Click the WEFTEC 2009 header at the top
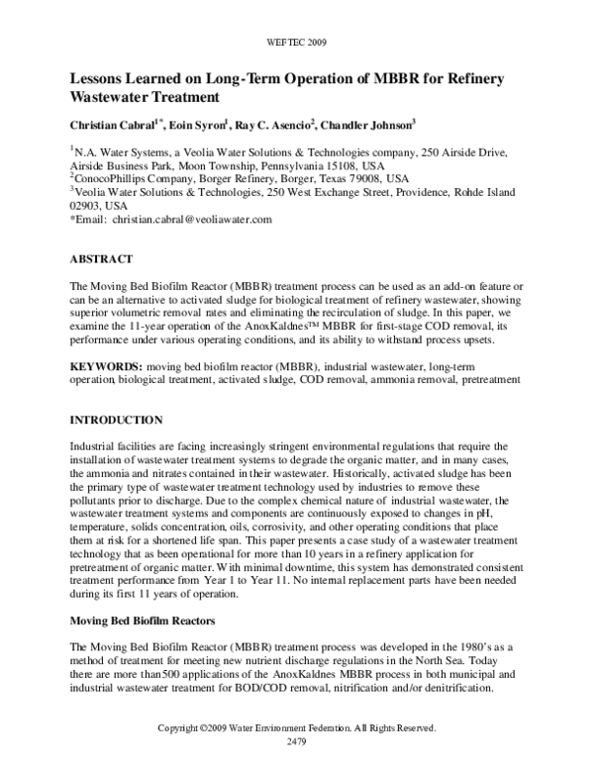pyautogui.click(x=297, y=44)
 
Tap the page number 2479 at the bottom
pyautogui.click(x=297, y=740)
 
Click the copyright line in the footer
pyautogui.click(x=297, y=728)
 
